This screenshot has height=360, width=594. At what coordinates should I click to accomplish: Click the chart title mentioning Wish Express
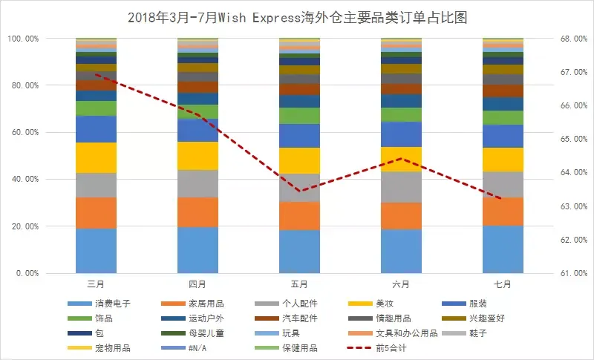(x=297, y=16)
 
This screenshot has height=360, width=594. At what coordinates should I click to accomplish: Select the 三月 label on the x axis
(x=96, y=285)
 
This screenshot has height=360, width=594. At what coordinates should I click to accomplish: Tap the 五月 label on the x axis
(x=299, y=285)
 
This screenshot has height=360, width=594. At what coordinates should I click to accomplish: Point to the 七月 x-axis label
(x=503, y=285)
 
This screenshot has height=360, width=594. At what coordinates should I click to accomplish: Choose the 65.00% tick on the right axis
(x=567, y=139)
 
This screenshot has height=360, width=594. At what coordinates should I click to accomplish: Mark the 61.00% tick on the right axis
(x=567, y=273)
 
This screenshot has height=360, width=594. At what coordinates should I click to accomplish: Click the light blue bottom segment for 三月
(x=96, y=251)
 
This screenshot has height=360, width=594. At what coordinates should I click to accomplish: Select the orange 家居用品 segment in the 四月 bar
(x=198, y=212)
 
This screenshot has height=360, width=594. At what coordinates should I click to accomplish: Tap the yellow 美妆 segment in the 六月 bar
(x=401, y=159)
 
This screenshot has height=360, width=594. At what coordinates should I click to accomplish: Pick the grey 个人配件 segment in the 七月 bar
(x=503, y=185)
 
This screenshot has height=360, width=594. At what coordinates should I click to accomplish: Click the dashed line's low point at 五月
(x=299, y=191)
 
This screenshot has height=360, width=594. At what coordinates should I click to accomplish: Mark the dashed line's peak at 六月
(x=401, y=158)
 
